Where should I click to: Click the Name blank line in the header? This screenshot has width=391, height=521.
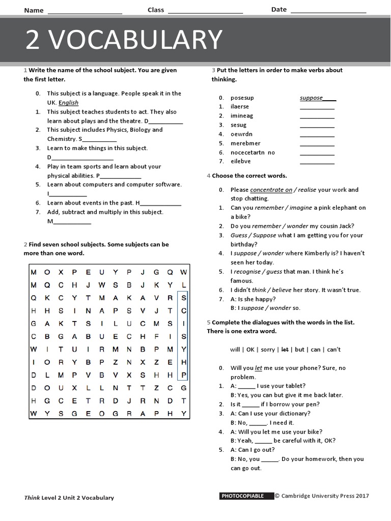tap(85, 11)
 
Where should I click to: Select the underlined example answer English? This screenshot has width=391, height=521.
tap(69, 103)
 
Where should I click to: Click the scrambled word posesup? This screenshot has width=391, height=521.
tap(242, 98)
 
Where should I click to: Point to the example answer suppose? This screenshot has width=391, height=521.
tap(312, 98)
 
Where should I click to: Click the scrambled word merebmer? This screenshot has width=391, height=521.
tap(245, 143)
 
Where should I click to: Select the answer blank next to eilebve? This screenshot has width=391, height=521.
tap(317, 162)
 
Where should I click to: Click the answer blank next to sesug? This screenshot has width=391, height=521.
tap(317, 126)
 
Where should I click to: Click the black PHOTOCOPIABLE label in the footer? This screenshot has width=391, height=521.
tap(242, 496)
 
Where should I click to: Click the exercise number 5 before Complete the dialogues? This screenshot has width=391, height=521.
tap(208, 323)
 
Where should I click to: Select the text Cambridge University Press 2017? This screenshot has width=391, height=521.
tap(325, 496)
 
